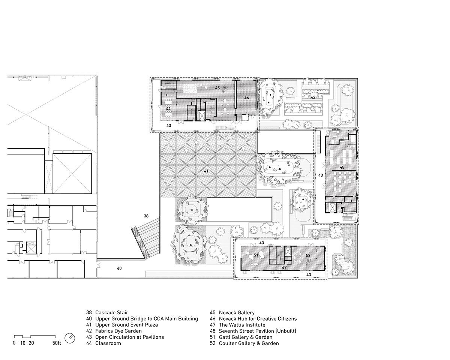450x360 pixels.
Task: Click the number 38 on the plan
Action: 146,216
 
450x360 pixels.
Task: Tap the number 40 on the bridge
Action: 119,268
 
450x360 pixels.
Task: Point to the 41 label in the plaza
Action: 206,171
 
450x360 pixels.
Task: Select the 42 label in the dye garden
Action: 313,97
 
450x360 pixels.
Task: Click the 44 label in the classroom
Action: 168,109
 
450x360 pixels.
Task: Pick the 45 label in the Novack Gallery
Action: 217,88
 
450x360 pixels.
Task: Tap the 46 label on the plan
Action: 246,97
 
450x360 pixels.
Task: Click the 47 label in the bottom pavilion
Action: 284,267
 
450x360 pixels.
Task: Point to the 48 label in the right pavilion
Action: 342,167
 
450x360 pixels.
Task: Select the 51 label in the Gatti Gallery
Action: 256,255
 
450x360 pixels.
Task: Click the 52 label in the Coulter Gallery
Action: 308,255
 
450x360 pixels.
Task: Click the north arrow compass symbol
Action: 70,338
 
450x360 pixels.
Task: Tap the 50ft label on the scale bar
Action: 57,343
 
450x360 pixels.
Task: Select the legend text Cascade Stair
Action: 112,312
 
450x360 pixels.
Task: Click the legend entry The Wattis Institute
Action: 242,325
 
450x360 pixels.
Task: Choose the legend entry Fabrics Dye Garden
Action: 118,331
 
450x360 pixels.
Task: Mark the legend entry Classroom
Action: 108,343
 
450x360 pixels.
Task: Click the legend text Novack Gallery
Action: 237,312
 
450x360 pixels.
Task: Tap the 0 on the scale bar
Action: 14,343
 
